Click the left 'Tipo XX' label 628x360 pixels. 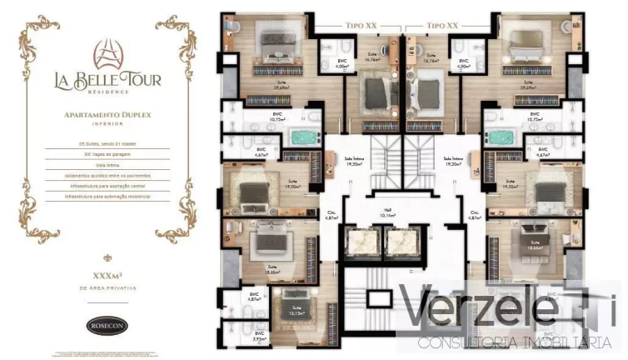[361, 27]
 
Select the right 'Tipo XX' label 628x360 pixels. [442, 27]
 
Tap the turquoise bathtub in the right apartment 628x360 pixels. [505, 137]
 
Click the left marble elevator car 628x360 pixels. [364, 242]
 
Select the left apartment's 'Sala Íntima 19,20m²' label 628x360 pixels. [355, 163]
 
